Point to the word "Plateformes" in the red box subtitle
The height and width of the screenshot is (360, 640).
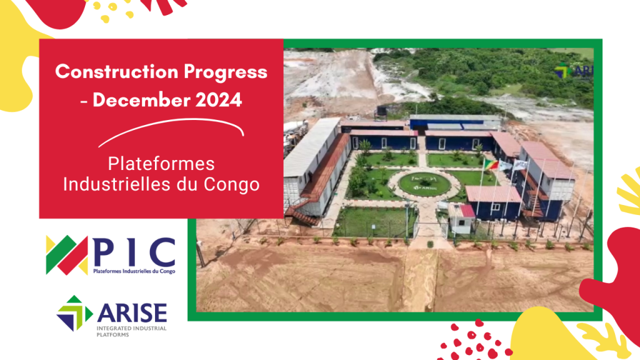161,164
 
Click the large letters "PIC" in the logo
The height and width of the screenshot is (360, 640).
134,251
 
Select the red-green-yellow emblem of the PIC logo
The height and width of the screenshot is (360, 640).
67,255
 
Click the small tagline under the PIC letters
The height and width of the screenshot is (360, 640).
134,271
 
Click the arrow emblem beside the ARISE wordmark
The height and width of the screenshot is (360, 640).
74,312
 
